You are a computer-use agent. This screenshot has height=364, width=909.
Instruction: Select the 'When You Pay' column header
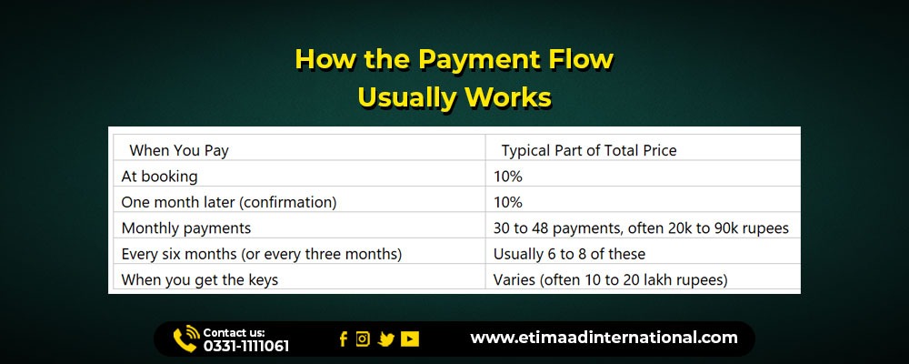pyautogui.click(x=179, y=151)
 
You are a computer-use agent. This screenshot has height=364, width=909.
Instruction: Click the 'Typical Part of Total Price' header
pyautogui.click(x=589, y=151)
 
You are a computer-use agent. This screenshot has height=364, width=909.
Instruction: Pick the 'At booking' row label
pyautogui.click(x=159, y=177)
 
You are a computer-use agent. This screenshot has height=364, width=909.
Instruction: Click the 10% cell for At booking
pyautogui.click(x=508, y=177)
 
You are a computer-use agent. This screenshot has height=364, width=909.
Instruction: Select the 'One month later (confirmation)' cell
pyautogui.click(x=228, y=203)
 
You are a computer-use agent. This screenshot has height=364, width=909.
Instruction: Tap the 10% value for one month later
pyautogui.click(x=508, y=203)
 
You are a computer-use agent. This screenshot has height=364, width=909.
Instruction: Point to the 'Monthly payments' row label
pyautogui.click(x=186, y=228)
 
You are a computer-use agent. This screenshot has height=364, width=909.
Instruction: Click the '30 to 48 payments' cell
pyautogui.click(x=641, y=228)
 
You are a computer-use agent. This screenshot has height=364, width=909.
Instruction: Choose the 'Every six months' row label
pyautogui.click(x=262, y=254)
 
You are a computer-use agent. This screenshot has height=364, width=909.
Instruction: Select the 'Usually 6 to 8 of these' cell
pyautogui.click(x=569, y=254)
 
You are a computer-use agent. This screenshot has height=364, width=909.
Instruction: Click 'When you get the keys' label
pyautogui.click(x=199, y=279)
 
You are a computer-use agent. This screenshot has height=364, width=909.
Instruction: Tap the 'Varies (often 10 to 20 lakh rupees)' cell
pyautogui.click(x=611, y=279)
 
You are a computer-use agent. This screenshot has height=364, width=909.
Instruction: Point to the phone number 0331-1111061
pyautogui.click(x=245, y=347)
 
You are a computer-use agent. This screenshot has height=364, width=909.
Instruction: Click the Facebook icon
pyautogui.click(x=344, y=339)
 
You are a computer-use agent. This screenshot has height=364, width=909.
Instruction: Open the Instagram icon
pyautogui.click(x=363, y=339)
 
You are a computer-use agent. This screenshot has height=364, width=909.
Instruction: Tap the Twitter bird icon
pyautogui.click(x=386, y=339)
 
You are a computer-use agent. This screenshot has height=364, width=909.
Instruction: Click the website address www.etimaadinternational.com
pyautogui.click(x=604, y=338)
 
